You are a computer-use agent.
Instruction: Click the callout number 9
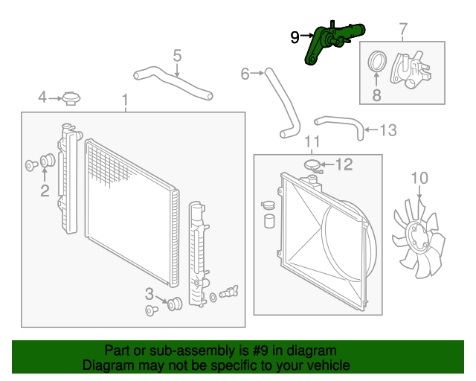pyautogui.click(x=295, y=36)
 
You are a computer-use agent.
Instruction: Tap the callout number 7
pyautogui.click(x=403, y=30)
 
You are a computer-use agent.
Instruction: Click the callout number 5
pyautogui.click(x=177, y=55)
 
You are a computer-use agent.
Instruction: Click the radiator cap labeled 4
pyautogui.click(x=71, y=97)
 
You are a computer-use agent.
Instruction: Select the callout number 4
pyautogui.click(x=42, y=97)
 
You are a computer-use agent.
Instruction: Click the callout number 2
pyautogui.click(x=45, y=191)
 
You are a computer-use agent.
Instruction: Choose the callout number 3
pyautogui.click(x=149, y=292)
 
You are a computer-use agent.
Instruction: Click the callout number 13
pyautogui.click(x=388, y=131)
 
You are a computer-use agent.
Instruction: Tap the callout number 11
pyautogui.click(x=312, y=141)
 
